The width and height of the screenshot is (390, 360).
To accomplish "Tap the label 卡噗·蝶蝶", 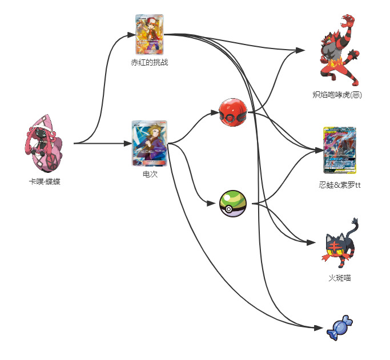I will (x=44, y=181).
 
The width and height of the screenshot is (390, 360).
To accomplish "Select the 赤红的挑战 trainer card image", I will (x=149, y=34).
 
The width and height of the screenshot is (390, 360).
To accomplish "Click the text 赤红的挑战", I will (x=149, y=62).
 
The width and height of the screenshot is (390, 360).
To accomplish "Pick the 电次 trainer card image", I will (x=149, y=143).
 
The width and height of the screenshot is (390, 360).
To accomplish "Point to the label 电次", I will (x=150, y=174).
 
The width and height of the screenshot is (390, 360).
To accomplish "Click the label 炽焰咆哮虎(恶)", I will (x=337, y=95).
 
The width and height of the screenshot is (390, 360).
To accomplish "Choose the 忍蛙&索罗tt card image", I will (x=339, y=150).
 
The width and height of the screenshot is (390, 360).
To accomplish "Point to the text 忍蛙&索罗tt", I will (x=339, y=185).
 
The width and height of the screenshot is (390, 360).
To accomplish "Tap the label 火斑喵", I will (x=339, y=278).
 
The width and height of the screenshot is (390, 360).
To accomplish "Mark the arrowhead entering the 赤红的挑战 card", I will (x=131, y=36).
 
